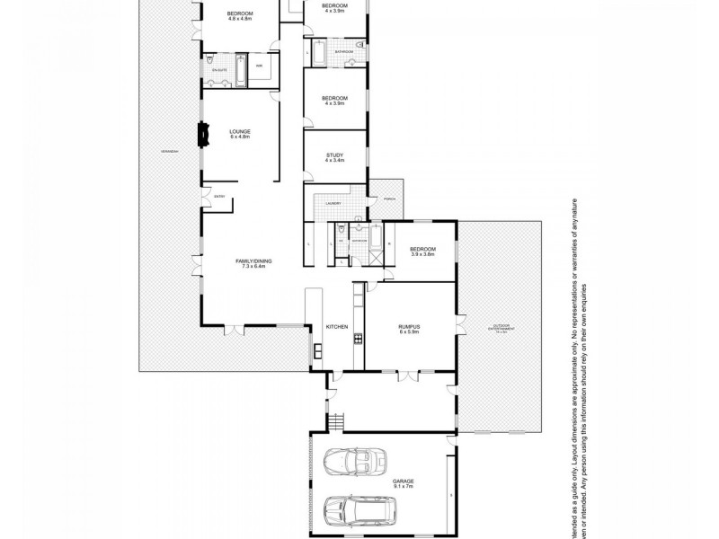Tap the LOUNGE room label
coord(239,134)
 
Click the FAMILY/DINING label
coord(253,263)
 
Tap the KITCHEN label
coord(336,327)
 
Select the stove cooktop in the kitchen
coord(357,339)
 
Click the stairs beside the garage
coord(336,420)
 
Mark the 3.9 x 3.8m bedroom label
coord(422,252)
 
